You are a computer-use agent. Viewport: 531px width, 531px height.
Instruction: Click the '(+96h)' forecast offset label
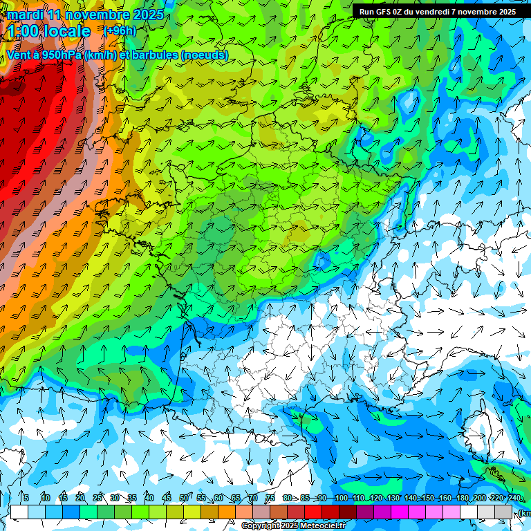pos(120,30)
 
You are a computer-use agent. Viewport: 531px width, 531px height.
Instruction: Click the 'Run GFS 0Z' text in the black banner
pos(382,11)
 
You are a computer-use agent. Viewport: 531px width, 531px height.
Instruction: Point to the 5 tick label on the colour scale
pos(26,498)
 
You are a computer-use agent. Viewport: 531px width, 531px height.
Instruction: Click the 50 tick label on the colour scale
pos(183,498)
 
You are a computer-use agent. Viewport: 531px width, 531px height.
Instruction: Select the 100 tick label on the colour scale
pos(341,498)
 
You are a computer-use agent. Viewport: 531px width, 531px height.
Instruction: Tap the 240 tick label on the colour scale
pos(514,498)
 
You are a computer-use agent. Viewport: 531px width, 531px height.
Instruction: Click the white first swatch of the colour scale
pos(19,512)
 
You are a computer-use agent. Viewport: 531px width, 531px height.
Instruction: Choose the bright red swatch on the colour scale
pos(313,512)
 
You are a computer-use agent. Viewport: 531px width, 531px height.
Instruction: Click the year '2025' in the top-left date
pos(148,15)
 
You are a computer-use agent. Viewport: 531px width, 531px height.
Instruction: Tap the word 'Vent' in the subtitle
pos(18,55)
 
